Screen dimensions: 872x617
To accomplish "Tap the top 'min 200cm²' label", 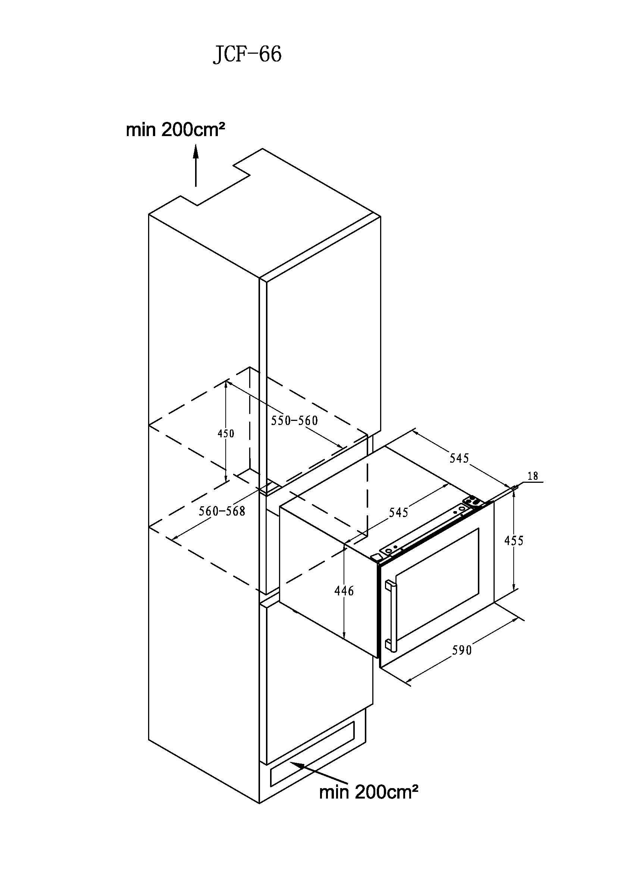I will pyautogui.click(x=175, y=130).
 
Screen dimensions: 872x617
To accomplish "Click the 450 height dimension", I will pyautogui.click(x=226, y=433).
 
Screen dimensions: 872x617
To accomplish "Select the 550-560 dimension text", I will pyautogui.click(x=294, y=421).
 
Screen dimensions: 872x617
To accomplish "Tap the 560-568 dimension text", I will pyautogui.click(x=222, y=511).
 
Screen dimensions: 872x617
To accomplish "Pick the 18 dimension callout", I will pyautogui.click(x=533, y=476).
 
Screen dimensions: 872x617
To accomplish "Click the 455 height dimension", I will pyautogui.click(x=514, y=541).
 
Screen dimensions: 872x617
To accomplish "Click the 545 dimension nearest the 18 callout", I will pyautogui.click(x=459, y=459).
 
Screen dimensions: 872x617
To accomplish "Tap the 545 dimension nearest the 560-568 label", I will pyautogui.click(x=398, y=513).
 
